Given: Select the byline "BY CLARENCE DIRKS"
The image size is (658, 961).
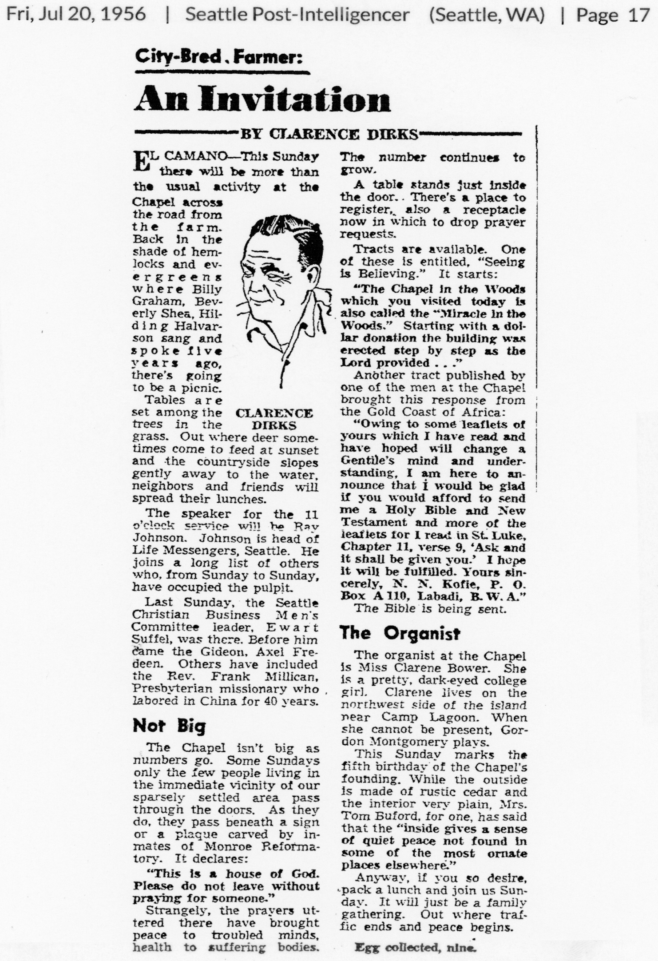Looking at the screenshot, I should pyautogui.click(x=329, y=134).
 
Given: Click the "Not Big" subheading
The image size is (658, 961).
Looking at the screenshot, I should pyautogui.click(x=169, y=726).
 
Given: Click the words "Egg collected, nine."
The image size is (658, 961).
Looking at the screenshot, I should pyautogui.click(x=415, y=948).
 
